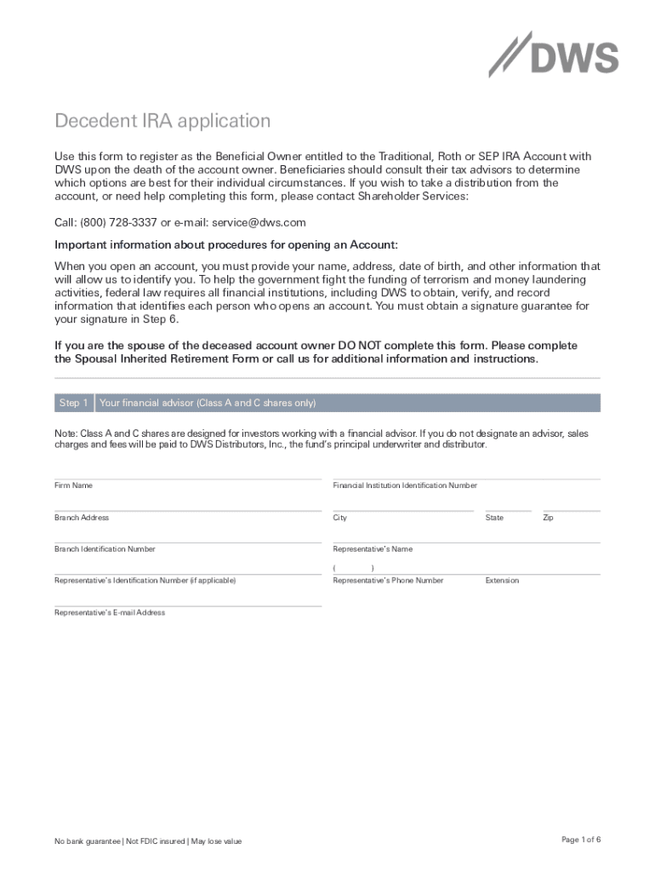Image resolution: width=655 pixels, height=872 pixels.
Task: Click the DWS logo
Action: [x=554, y=55]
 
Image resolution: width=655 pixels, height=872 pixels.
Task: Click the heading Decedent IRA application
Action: [x=162, y=121]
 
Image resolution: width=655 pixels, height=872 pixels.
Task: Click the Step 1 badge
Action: [x=73, y=403]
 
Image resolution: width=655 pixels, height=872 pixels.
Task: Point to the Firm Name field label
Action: [x=74, y=485]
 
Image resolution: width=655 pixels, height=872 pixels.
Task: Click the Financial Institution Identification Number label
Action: [x=405, y=485]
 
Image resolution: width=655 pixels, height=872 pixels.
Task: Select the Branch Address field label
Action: [x=82, y=518]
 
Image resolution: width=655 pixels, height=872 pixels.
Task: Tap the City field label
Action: [x=340, y=518]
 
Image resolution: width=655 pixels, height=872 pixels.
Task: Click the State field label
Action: [x=494, y=518]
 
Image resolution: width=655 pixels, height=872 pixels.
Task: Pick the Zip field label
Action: [x=548, y=518]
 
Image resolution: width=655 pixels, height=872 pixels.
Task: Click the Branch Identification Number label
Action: [x=105, y=549]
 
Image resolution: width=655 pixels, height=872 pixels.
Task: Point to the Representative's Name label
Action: [x=373, y=549]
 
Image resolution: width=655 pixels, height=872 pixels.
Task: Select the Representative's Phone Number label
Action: [x=388, y=581]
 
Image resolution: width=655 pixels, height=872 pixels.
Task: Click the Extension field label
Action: [x=502, y=581]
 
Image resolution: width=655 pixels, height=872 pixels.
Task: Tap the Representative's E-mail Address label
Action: [x=110, y=612]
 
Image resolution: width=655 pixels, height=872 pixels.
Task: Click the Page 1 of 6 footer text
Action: [x=581, y=840]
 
